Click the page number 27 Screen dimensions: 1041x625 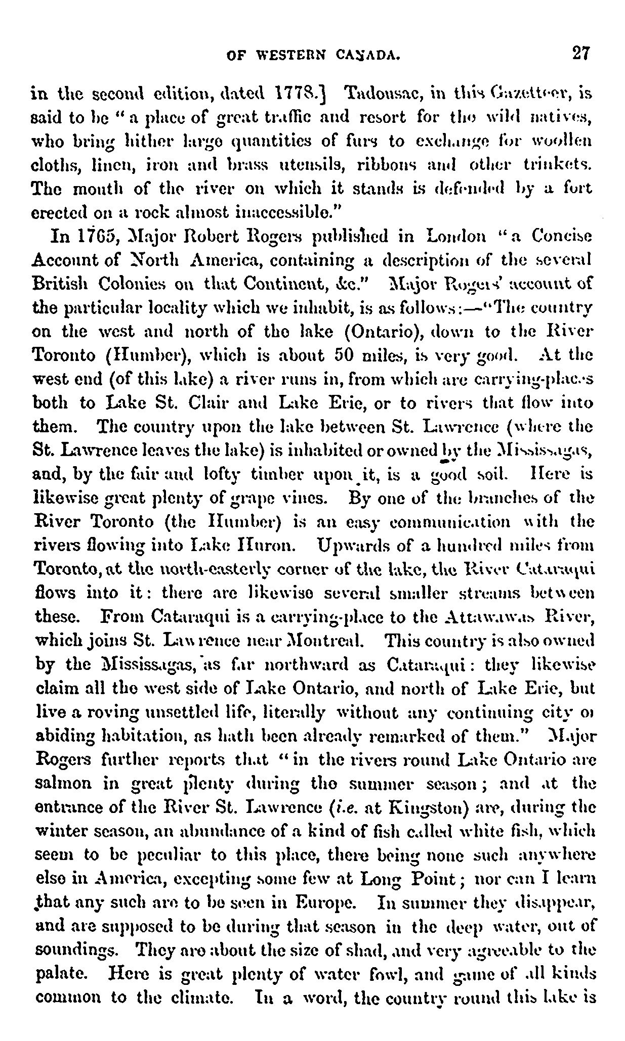pos(580,53)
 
